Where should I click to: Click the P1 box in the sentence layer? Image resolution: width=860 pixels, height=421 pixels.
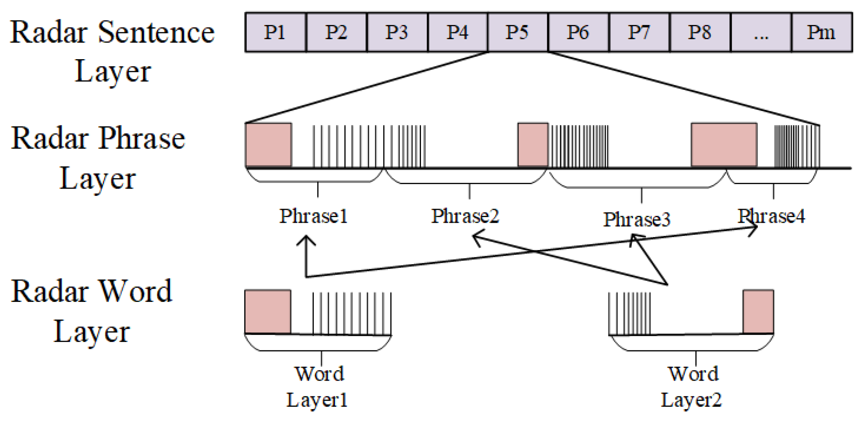pyautogui.click(x=275, y=32)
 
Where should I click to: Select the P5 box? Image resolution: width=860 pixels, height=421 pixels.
pyautogui.click(x=517, y=32)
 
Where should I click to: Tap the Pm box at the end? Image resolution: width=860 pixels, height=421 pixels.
pyautogui.click(x=822, y=32)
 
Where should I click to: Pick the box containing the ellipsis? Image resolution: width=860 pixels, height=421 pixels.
pyautogui.click(x=761, y=32)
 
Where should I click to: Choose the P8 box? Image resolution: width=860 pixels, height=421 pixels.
pyautogui.click(x=699, y=32)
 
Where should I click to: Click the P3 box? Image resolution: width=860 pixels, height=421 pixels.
pyautogui.click(x=397, y=32)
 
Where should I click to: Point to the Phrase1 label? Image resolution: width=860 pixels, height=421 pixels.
pyautogui.click(x=313, y=216)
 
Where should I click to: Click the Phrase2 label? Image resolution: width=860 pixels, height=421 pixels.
pyautogui.click(x=465, y=216)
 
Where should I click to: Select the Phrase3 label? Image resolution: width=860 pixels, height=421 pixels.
pyautogui.click(x=637, y=220)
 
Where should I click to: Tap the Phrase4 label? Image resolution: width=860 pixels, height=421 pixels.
pyautogui.click(x=771, y=216)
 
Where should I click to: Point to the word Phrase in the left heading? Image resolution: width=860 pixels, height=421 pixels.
pyautogui.click(x=142, y=138)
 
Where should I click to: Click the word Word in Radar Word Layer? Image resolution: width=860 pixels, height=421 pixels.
pyautogui.click(x=136, y=291)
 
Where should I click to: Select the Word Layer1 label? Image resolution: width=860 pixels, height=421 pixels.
pyautogui.click(x=318, y=387)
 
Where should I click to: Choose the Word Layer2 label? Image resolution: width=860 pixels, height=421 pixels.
pyautogui.click(x=692, y=387)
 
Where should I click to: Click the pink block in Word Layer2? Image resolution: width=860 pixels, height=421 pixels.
pyautogui.click(x=758, y=312)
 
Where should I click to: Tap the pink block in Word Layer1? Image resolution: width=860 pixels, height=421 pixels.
pyautogui.click(x=268, y=312)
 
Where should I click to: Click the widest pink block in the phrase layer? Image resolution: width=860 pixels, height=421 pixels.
pyautogui.click(x=724, y=145)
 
